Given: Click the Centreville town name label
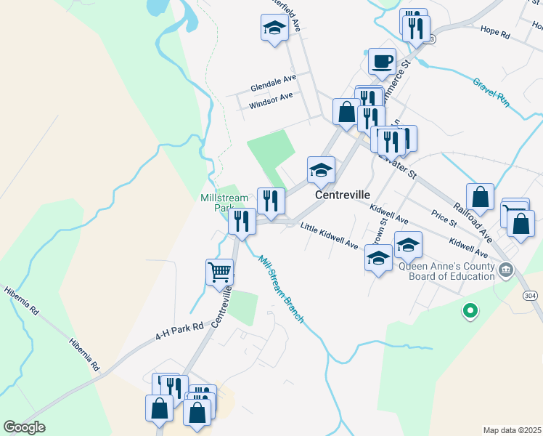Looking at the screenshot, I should coord(343,195).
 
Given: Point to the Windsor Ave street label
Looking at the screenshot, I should coord(271,100).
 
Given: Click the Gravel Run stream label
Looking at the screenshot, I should coord(491,92).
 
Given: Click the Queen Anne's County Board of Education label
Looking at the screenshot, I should coord(446,270).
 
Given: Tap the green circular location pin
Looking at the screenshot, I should coord(470,311).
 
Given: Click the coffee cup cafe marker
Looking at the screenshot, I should coord(382,62).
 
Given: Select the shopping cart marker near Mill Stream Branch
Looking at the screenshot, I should coord(220,273).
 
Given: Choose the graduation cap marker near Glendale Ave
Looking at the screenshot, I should coord(275,29).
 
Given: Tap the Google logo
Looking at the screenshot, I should coord(24,427).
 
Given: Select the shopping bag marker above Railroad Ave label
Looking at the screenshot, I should coord(480,197).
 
